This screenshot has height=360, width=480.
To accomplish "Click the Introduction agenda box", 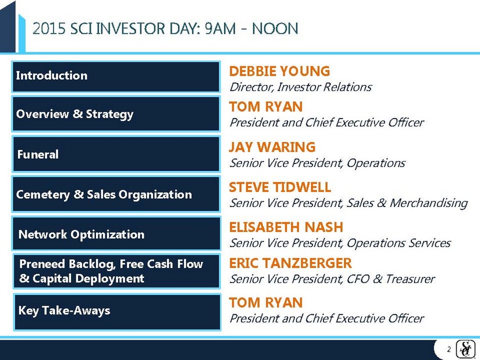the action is tap(116, 77).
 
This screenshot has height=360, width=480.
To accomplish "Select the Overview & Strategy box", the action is tap(116, 113).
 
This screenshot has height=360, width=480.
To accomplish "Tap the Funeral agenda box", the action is tap(116, 154).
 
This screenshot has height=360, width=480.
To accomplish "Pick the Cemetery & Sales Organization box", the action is tap(116, 194).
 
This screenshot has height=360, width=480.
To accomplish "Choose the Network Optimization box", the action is tap(116, 234).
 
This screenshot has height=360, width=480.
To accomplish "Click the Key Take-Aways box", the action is tap(117, 312).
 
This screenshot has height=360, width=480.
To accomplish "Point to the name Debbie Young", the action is tap(279, 71).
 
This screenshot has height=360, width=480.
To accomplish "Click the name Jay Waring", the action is tap(272, 147).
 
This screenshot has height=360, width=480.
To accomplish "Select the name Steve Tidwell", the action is tap(280, 187).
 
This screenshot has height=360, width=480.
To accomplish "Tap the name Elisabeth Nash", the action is tap(286, 227).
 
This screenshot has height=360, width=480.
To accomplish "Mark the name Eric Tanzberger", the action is tap(290, 263).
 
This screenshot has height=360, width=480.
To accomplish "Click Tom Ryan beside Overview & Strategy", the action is tap(266, 106).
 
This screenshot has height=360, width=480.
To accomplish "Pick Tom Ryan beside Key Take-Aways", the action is tap(266, 302).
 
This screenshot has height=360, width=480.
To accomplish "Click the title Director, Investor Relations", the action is tap(301, 87).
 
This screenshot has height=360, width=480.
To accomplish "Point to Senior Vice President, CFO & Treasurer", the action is tap(332, 279).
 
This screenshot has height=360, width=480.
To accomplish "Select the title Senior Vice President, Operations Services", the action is tap(340, 243).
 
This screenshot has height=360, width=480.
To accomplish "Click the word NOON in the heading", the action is tap(275, 28).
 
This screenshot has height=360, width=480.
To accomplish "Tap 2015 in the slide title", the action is tap(49, 28).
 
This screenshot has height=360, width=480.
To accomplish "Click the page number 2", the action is tap(449, 350).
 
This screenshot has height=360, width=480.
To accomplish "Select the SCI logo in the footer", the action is tap(465, 349).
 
